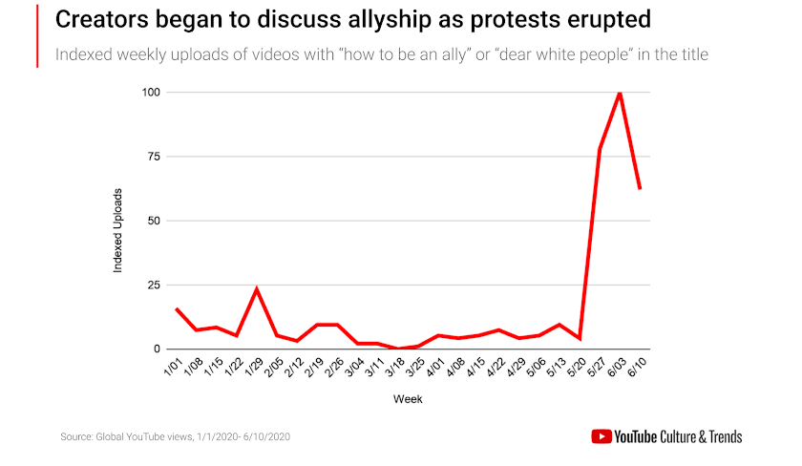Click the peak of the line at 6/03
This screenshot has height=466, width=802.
pyautogui.click(x=621, y=93)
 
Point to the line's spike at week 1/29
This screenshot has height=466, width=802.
pyautogui.click(x=256, y=288)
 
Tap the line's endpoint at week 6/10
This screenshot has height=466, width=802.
pyautogui.click(x=640, y=188)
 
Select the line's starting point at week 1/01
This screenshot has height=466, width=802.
pyautogui.click(x=176, y=308)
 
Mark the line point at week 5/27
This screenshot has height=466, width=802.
pyautogui.click(x=600, y=149)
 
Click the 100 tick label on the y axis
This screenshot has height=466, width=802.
pyautogui.click(x=150, y=93)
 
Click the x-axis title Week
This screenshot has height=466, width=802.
pyautogui.click(x=408, y=399)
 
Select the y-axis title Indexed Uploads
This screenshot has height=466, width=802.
pyautogui.click(x=118, y=231)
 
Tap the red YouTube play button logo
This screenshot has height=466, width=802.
pyautogui.click(x=601, y=436)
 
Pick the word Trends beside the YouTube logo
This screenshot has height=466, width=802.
pyautogui.click(x=720, y=436)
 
